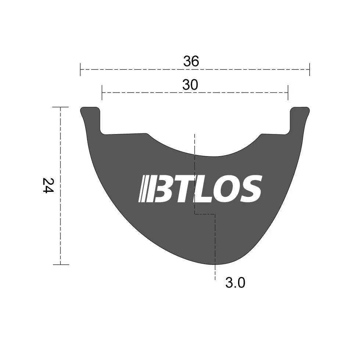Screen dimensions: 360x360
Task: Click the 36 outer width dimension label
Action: (191, 61)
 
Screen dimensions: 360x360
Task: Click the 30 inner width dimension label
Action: (190, 85)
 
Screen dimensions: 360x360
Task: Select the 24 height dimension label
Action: (48, 186)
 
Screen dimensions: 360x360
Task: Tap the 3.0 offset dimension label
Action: (235, 283)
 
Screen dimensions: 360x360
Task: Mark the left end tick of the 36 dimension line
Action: (80, 69)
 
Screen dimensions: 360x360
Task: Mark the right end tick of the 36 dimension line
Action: (309, 69)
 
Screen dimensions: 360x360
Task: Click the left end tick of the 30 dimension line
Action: (102, 93)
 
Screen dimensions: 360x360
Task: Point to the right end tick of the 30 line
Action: (288, 93)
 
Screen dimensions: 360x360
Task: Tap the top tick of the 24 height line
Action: (60, 107)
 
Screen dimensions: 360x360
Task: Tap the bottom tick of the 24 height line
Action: (60, 264)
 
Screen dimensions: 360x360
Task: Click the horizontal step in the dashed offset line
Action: (205, 214)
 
